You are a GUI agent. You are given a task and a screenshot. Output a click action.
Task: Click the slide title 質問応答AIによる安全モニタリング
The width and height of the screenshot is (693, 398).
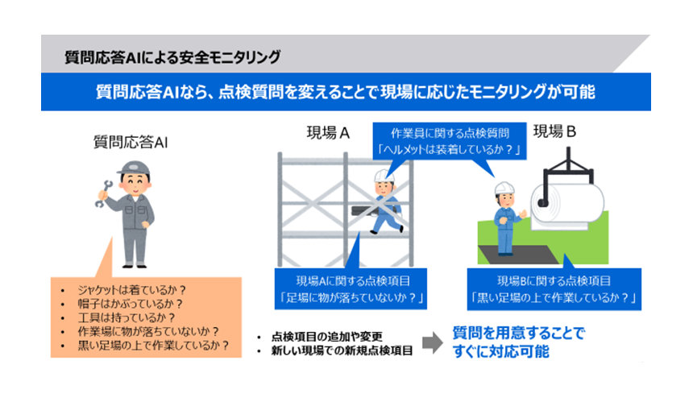173,57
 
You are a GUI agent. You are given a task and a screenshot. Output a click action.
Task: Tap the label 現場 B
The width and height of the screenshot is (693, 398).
555,131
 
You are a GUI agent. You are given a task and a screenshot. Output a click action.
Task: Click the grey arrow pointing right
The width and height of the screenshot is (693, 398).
433,342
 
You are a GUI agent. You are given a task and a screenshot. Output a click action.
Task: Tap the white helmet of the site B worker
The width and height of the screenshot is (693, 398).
505,187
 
